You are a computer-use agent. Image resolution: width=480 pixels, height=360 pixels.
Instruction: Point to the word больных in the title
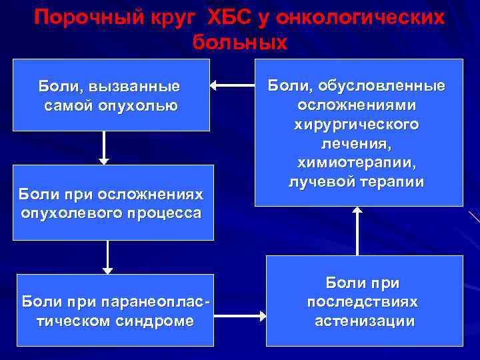click(240, 43)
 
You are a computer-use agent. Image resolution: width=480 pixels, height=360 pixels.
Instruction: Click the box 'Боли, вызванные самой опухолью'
click(111, 95)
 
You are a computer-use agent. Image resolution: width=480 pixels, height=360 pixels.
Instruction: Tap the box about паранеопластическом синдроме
click(115, 310)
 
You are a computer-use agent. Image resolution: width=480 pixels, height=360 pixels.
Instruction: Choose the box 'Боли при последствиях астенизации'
click(364, 301)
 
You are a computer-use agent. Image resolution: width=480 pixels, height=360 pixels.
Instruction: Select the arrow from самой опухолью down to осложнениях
click(104, 147)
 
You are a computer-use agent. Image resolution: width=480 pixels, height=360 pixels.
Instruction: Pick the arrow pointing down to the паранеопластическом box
click(107, 257)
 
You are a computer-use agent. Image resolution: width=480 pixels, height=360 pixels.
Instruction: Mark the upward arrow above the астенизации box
click(357, 231)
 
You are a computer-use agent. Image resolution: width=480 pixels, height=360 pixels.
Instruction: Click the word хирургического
click(357, 124)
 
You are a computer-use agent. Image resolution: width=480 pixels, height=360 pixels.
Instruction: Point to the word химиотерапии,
click(357, 163)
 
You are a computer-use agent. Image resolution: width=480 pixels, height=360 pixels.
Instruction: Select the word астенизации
click(364, 321)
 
